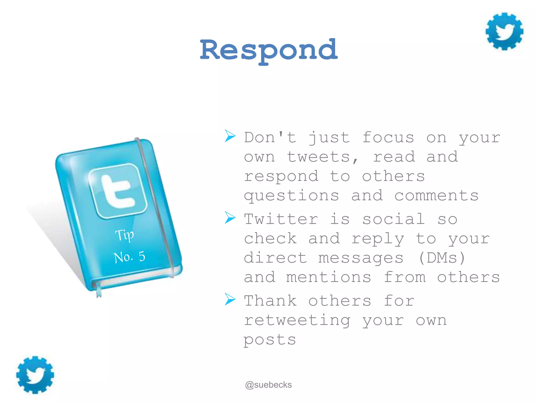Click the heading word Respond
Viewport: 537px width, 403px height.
[x=268, y=50]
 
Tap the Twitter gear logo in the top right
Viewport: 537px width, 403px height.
[x=504, y=31]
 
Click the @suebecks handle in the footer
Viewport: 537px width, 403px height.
[x=268, y=385]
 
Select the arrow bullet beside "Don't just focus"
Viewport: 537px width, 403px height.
[x=230, y=136]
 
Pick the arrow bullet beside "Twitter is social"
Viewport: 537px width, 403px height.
[x=230, y=218]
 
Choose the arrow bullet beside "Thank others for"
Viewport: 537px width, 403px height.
[x=230, y=299]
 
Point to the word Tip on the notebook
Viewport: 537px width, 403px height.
[x=125, y=235]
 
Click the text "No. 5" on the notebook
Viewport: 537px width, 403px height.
[x=129, y=257]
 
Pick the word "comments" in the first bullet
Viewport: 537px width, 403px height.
[x=436, y=195]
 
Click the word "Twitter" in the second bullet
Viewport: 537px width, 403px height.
[x=281, y=219]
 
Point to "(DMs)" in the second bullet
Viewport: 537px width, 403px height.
[x=442, y=258]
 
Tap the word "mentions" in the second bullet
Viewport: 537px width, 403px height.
[x=329, y=277]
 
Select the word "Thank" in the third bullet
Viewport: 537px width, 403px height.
[x=270, y=301]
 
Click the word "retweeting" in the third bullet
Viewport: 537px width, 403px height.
[x=297, y=321]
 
